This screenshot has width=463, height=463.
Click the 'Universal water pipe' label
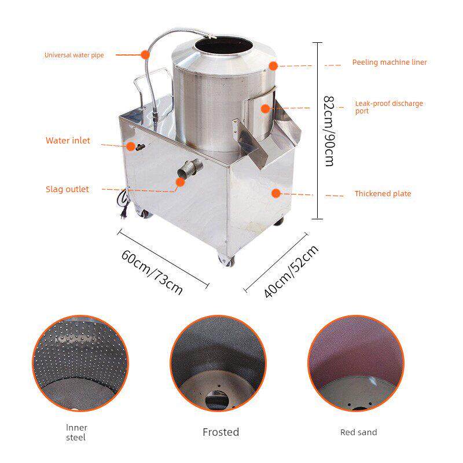click(74, 55)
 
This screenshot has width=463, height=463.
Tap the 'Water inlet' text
click(68, 140)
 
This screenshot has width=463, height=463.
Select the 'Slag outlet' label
click(67, 189)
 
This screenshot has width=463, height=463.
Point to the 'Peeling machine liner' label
click(389, 63)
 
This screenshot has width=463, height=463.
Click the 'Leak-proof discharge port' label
click(389, 107)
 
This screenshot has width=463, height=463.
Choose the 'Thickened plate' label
click(383, 194)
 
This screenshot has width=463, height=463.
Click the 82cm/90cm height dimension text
click(329, 131)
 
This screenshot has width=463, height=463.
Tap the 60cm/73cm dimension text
click(152, 272)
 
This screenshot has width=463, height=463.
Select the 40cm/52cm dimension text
click(291, 271)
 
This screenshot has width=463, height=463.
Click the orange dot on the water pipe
click(145, 54)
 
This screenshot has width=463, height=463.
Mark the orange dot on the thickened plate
click(276, 193)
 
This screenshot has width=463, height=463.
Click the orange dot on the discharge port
click(266, 109)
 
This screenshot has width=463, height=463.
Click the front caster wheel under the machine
click(226, 259)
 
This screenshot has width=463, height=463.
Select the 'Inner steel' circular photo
click(80, 363)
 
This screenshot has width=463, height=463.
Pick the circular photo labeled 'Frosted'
click(218, 363)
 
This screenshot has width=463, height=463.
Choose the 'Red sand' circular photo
click(356, 363)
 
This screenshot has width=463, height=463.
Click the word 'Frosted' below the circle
click(221, 432)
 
